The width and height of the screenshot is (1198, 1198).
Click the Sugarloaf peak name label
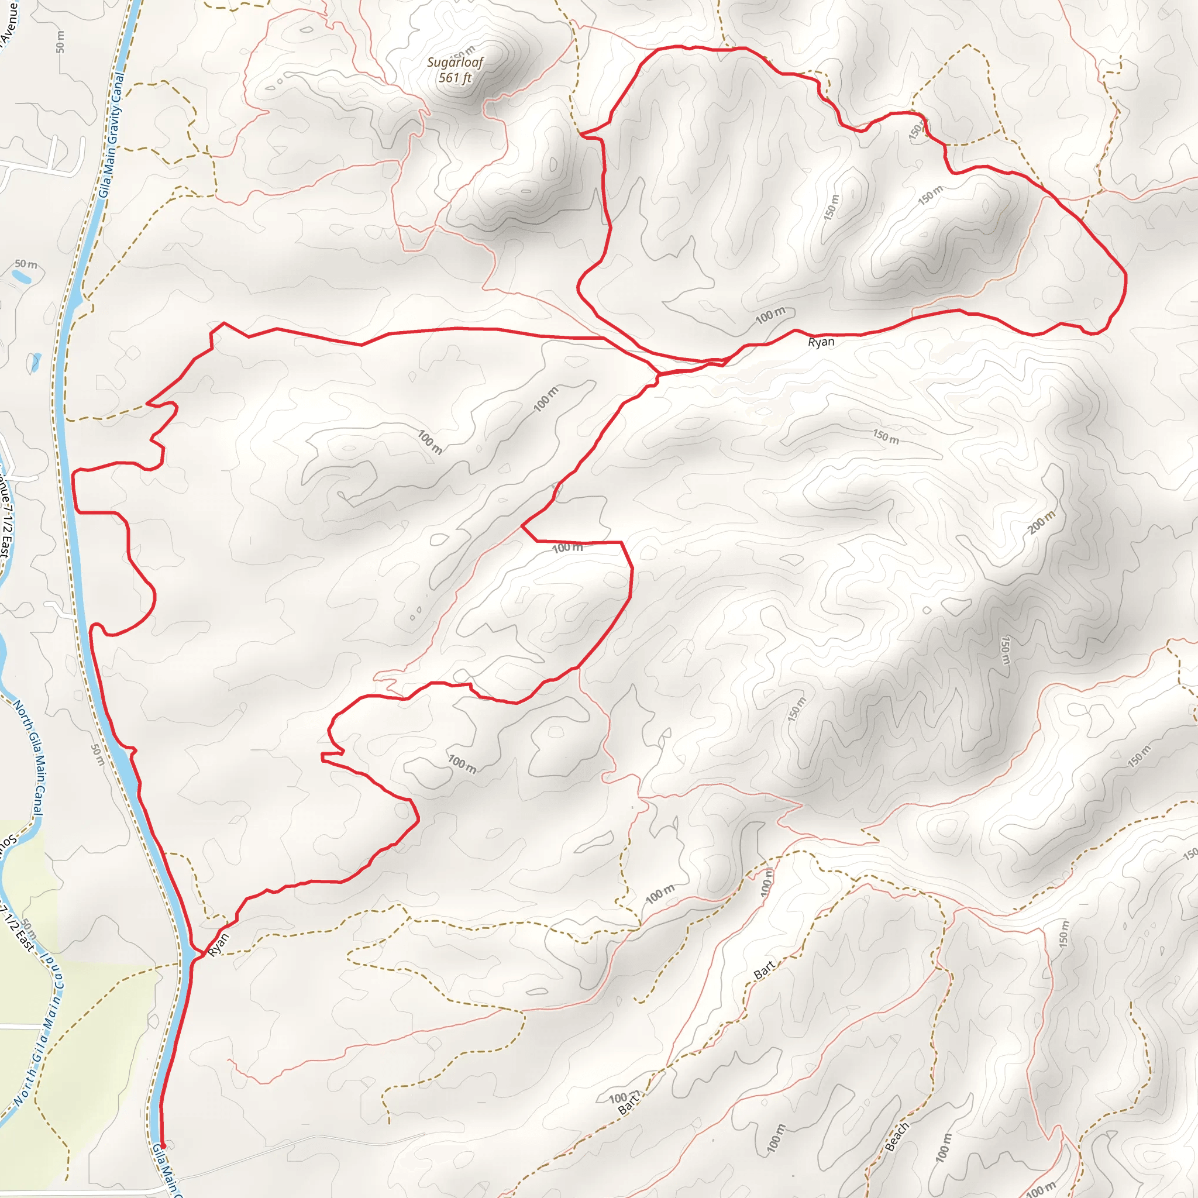click(455, 62)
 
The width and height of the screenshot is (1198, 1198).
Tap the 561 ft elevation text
click(455, 78)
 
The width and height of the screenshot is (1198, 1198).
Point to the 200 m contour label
click(1041, 523)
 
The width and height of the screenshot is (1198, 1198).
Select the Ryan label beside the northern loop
click(821, 342)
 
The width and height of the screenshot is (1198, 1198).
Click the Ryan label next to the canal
click(218, 944)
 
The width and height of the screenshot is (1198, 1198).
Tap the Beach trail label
click(897, 1137)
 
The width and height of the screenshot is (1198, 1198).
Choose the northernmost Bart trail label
click(765, 970)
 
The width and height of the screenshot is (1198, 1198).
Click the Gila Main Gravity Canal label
click(112, 135)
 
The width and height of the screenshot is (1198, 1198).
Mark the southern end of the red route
click(162, 1146)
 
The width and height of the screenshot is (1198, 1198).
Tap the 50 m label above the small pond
click(26, 264)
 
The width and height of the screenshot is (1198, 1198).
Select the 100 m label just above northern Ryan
click(770, 316)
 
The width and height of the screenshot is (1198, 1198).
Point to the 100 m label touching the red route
click(567, 548)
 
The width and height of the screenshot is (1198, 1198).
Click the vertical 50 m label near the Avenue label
click(60, 42)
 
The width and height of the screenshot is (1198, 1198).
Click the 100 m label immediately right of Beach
click(942, 1147)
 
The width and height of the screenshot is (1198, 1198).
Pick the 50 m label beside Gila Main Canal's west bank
click(98, 755)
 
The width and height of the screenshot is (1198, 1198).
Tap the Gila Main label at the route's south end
click(166, 1172)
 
